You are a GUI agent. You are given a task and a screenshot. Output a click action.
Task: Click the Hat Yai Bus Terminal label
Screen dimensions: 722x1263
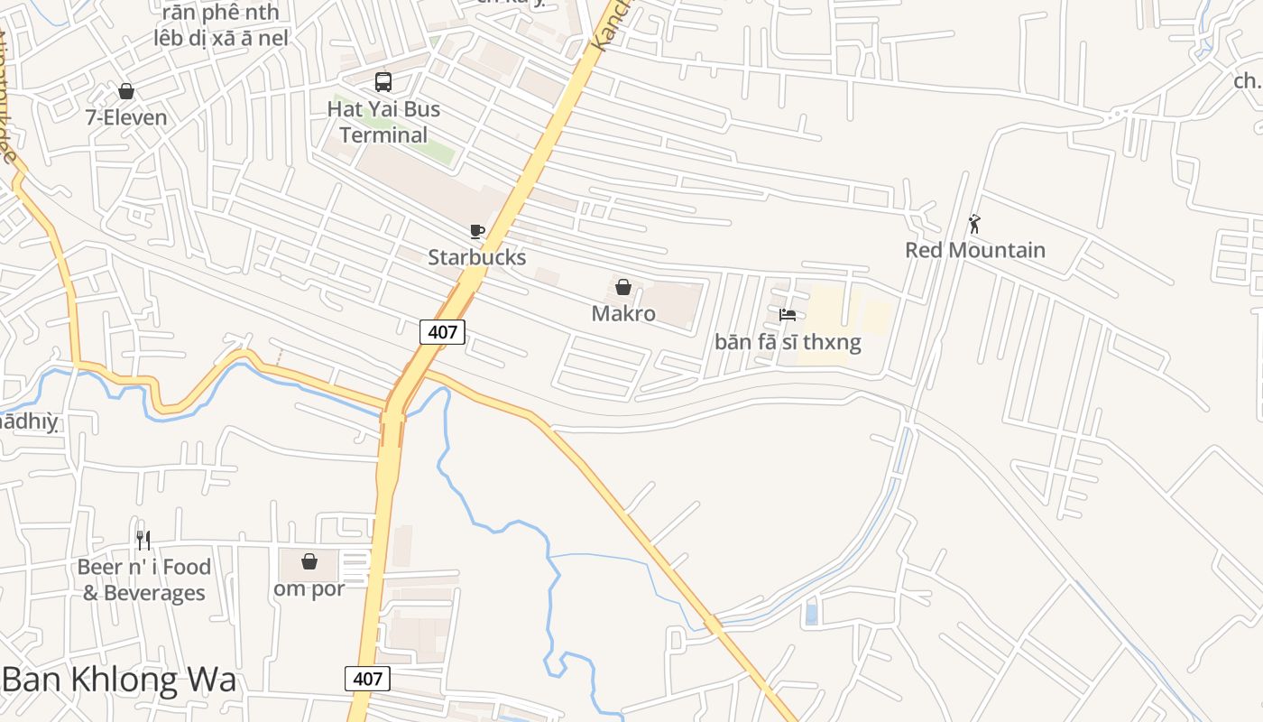coord(383,122)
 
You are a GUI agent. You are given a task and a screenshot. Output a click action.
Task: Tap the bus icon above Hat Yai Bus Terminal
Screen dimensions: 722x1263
coord(383,82)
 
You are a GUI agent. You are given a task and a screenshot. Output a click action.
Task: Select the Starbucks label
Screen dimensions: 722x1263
coord(476,257)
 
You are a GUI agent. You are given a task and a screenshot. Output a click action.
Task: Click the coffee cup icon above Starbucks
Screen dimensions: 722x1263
coord(477,232)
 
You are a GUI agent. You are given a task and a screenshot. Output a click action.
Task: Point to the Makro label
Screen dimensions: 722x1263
coord(623,313)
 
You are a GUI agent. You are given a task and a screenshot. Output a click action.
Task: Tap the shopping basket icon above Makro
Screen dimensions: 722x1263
coord(622,288)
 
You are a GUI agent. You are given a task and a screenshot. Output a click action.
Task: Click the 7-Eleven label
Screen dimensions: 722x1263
coord(126,117)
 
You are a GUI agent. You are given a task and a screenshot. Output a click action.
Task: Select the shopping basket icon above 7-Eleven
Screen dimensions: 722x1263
coord(126,91)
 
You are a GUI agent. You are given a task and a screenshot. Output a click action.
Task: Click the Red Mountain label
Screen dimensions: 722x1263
coord(975,250)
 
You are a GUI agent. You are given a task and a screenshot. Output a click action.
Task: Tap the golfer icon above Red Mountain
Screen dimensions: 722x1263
coord(974,224)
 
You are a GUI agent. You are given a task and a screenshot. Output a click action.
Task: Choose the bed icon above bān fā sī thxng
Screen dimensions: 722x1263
coord(788,315)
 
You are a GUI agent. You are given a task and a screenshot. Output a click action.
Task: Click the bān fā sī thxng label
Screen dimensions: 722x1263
coord(788,342)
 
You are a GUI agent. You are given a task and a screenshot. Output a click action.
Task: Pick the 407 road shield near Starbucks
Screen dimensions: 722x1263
coord(442,332)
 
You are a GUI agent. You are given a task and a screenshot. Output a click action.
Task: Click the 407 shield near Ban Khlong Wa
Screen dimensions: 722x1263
coord(367,679)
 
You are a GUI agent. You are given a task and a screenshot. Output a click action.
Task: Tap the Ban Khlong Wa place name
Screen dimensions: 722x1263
coord(119,680)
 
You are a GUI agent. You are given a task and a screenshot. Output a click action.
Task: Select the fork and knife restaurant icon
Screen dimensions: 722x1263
coord(143,541)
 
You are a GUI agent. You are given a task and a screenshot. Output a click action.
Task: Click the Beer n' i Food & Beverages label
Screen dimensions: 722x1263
coord(144,579)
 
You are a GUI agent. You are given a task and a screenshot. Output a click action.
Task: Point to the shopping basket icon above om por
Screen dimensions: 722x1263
coord(309,561)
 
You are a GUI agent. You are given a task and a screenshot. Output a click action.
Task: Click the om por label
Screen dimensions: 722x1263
coord(309,588)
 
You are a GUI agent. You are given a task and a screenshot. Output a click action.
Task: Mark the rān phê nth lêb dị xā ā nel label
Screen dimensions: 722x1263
coord(221,25)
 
